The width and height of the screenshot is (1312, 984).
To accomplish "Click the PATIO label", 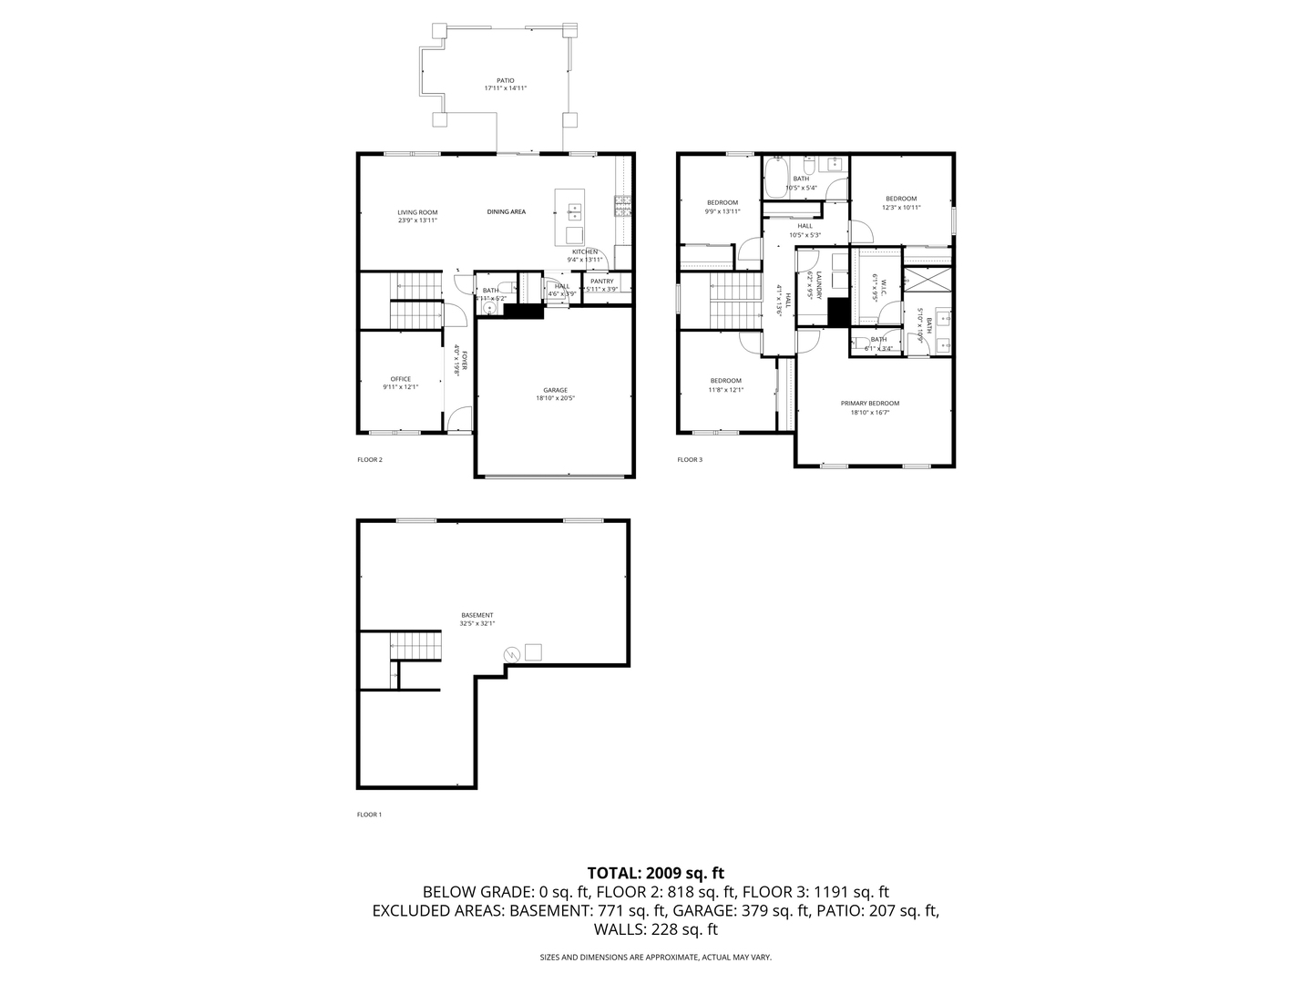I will pyautogui.click(x=505, y=80).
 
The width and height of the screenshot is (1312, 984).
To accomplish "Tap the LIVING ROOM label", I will pyautogui.click(x=417, y=212).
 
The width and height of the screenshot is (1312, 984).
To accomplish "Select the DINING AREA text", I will pyautogui.click(x=506, y=211).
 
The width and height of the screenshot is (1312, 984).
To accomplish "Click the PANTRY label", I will pyautogui.click(x=602, y=282).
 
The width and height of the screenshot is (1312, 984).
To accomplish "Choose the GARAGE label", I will pyautogui.click(x=555, y=390).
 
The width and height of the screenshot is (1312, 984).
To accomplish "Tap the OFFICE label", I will pyautogui.click(x=401, y=379).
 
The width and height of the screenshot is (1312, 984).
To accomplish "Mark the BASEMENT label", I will pyautogui.click(x=477, y=615).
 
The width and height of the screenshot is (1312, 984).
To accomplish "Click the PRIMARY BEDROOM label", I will pyautogui.click(x=875, y=403).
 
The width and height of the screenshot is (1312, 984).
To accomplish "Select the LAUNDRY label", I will pyautogui.click(x=819, y=286).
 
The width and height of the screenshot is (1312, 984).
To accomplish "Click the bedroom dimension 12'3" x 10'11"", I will pyautogui.click(x=901, y=208).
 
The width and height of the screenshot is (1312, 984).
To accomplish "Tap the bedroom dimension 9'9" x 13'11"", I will pyautogui.click(x=723, y=211).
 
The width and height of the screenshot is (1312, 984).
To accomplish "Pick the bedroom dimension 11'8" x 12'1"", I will pyautogui.click(x=726, y=390).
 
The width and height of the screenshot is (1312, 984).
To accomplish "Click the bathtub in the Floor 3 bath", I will pyautogui.click(x=775, y=179).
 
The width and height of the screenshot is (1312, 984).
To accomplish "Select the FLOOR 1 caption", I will pyautogui.click(x=369, y=815).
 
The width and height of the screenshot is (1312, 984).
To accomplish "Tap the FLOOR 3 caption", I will pyautogui.click(x=690, y=460).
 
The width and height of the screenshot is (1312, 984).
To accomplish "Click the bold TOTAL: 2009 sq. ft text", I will pyautogui.click(x=655, y=873).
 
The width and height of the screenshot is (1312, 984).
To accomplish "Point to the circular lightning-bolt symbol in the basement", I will pyautogui.click(x=512, y=653).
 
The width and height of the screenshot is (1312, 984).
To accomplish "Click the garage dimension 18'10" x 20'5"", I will pyautogui.click(x=555, y=398).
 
